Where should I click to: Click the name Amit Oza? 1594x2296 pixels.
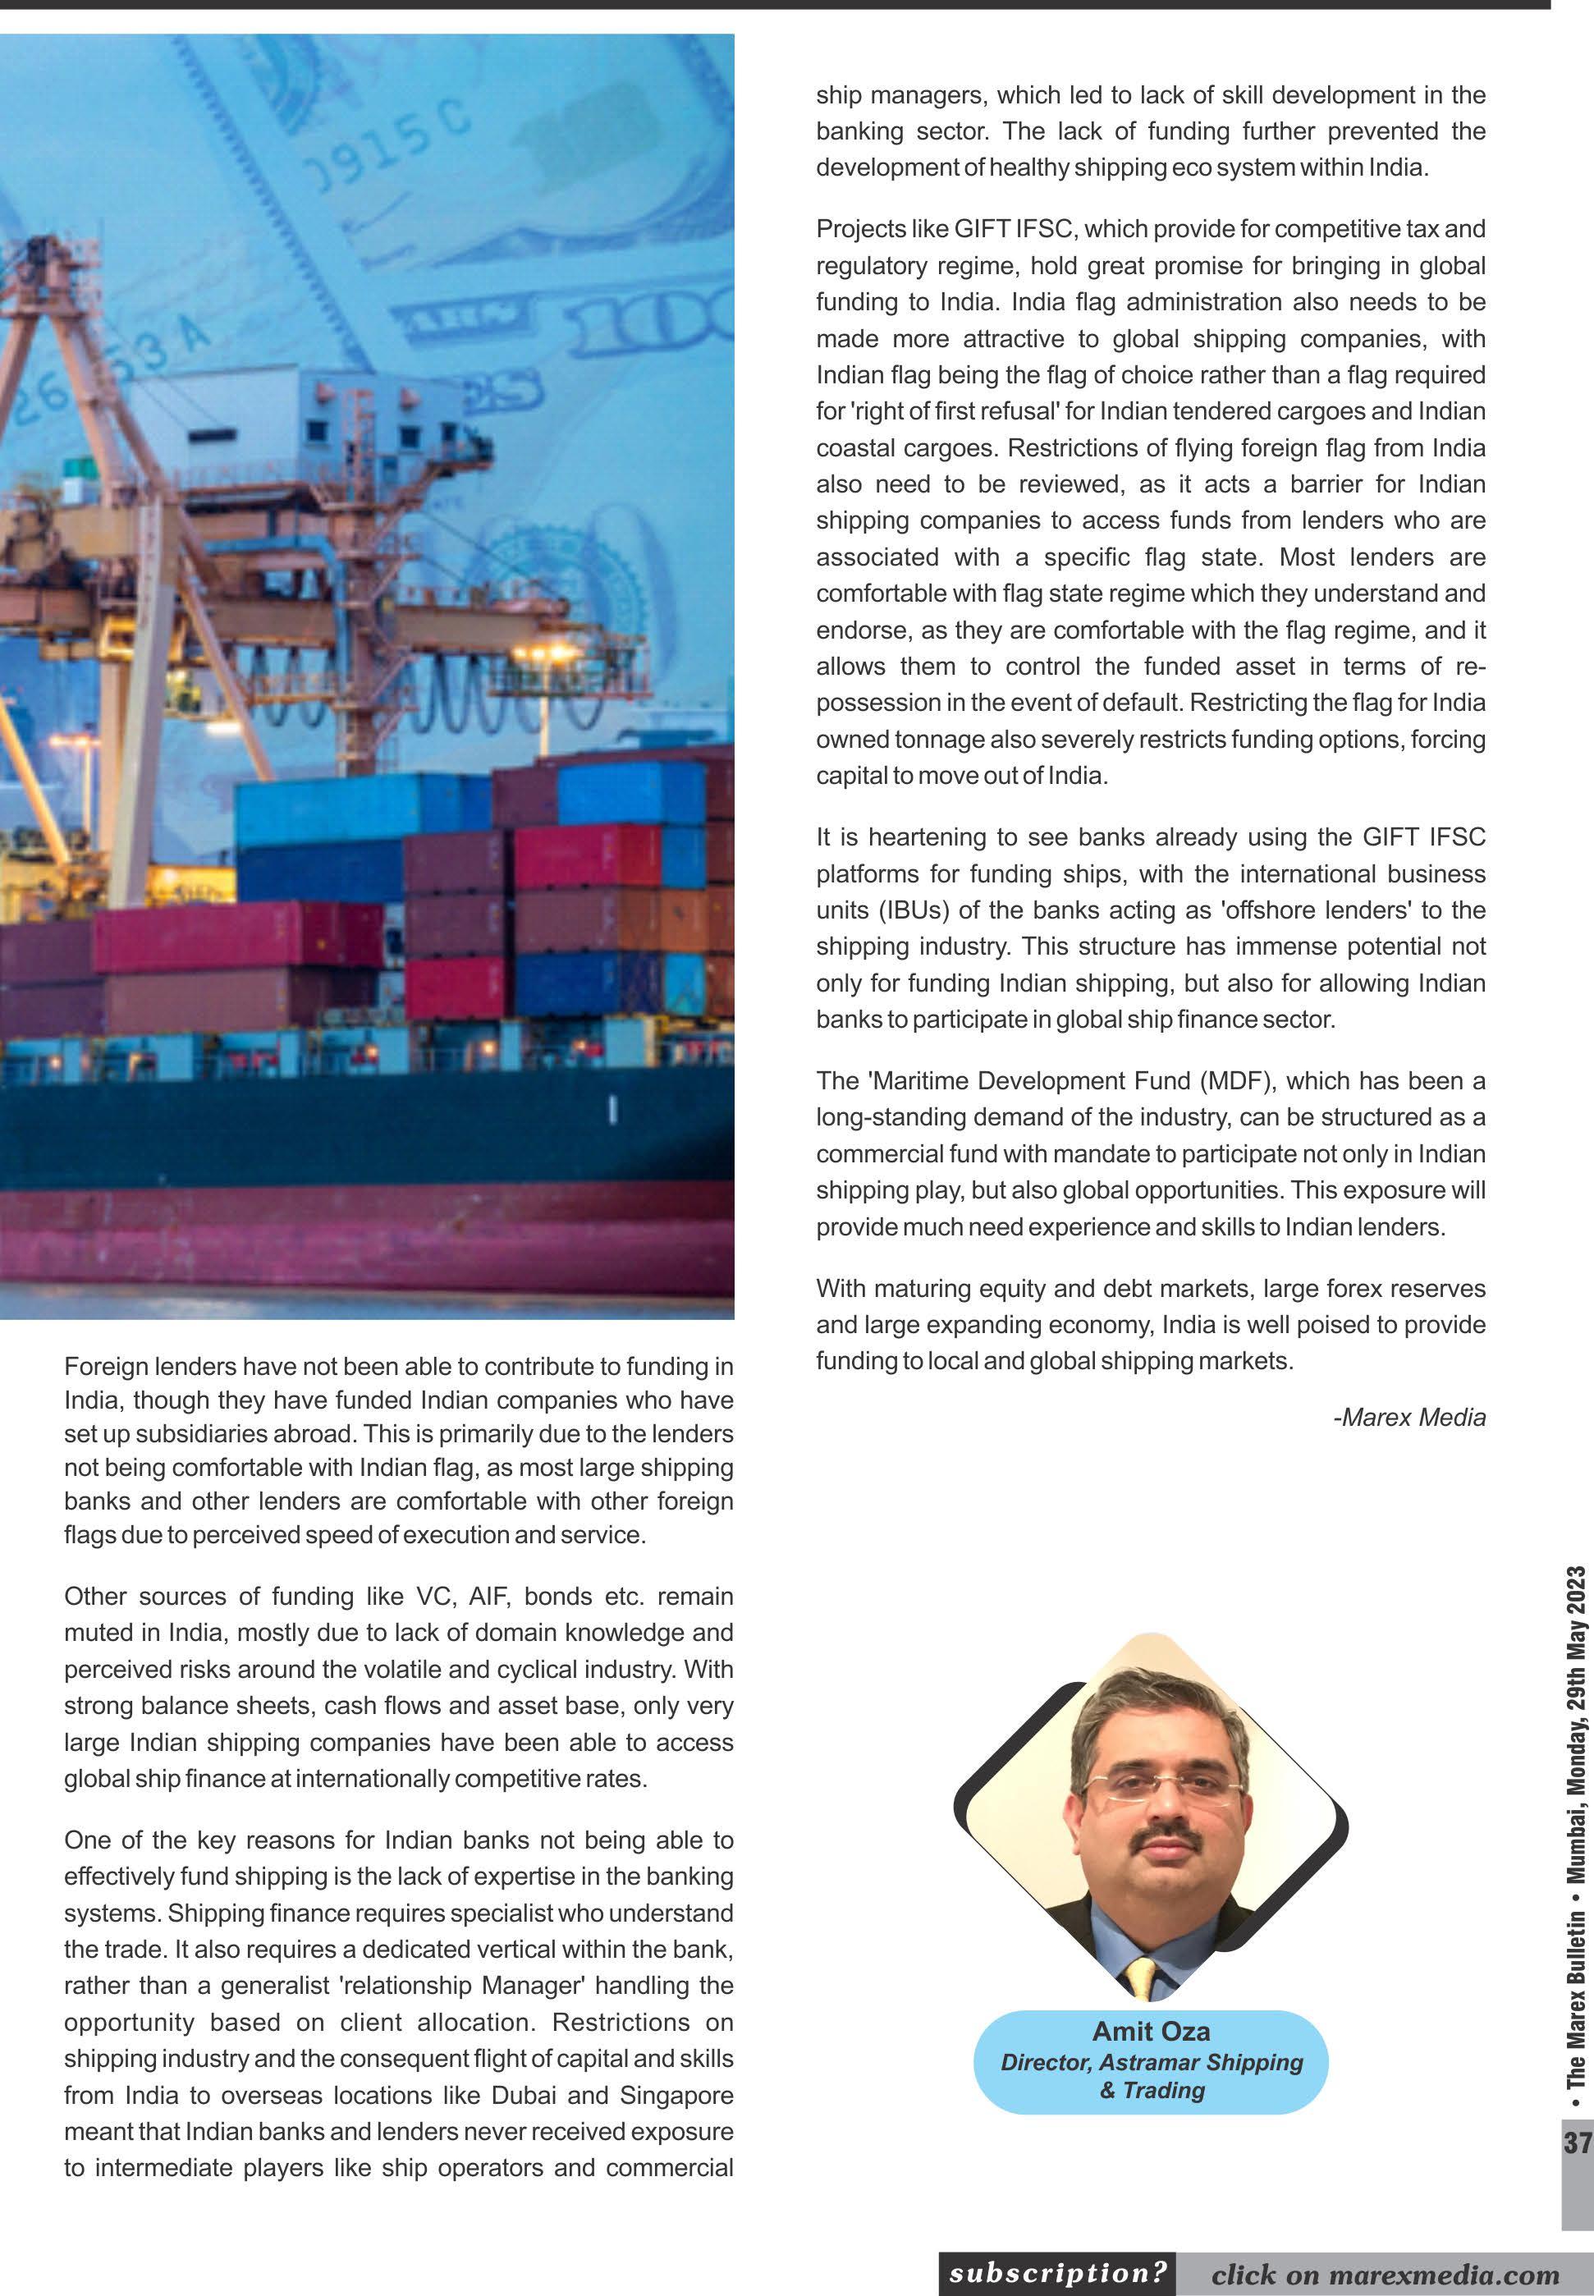click(1151, 2030)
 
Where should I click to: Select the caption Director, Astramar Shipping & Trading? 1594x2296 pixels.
click(1152, 2076)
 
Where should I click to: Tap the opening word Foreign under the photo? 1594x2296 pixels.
click(107, 1366)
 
